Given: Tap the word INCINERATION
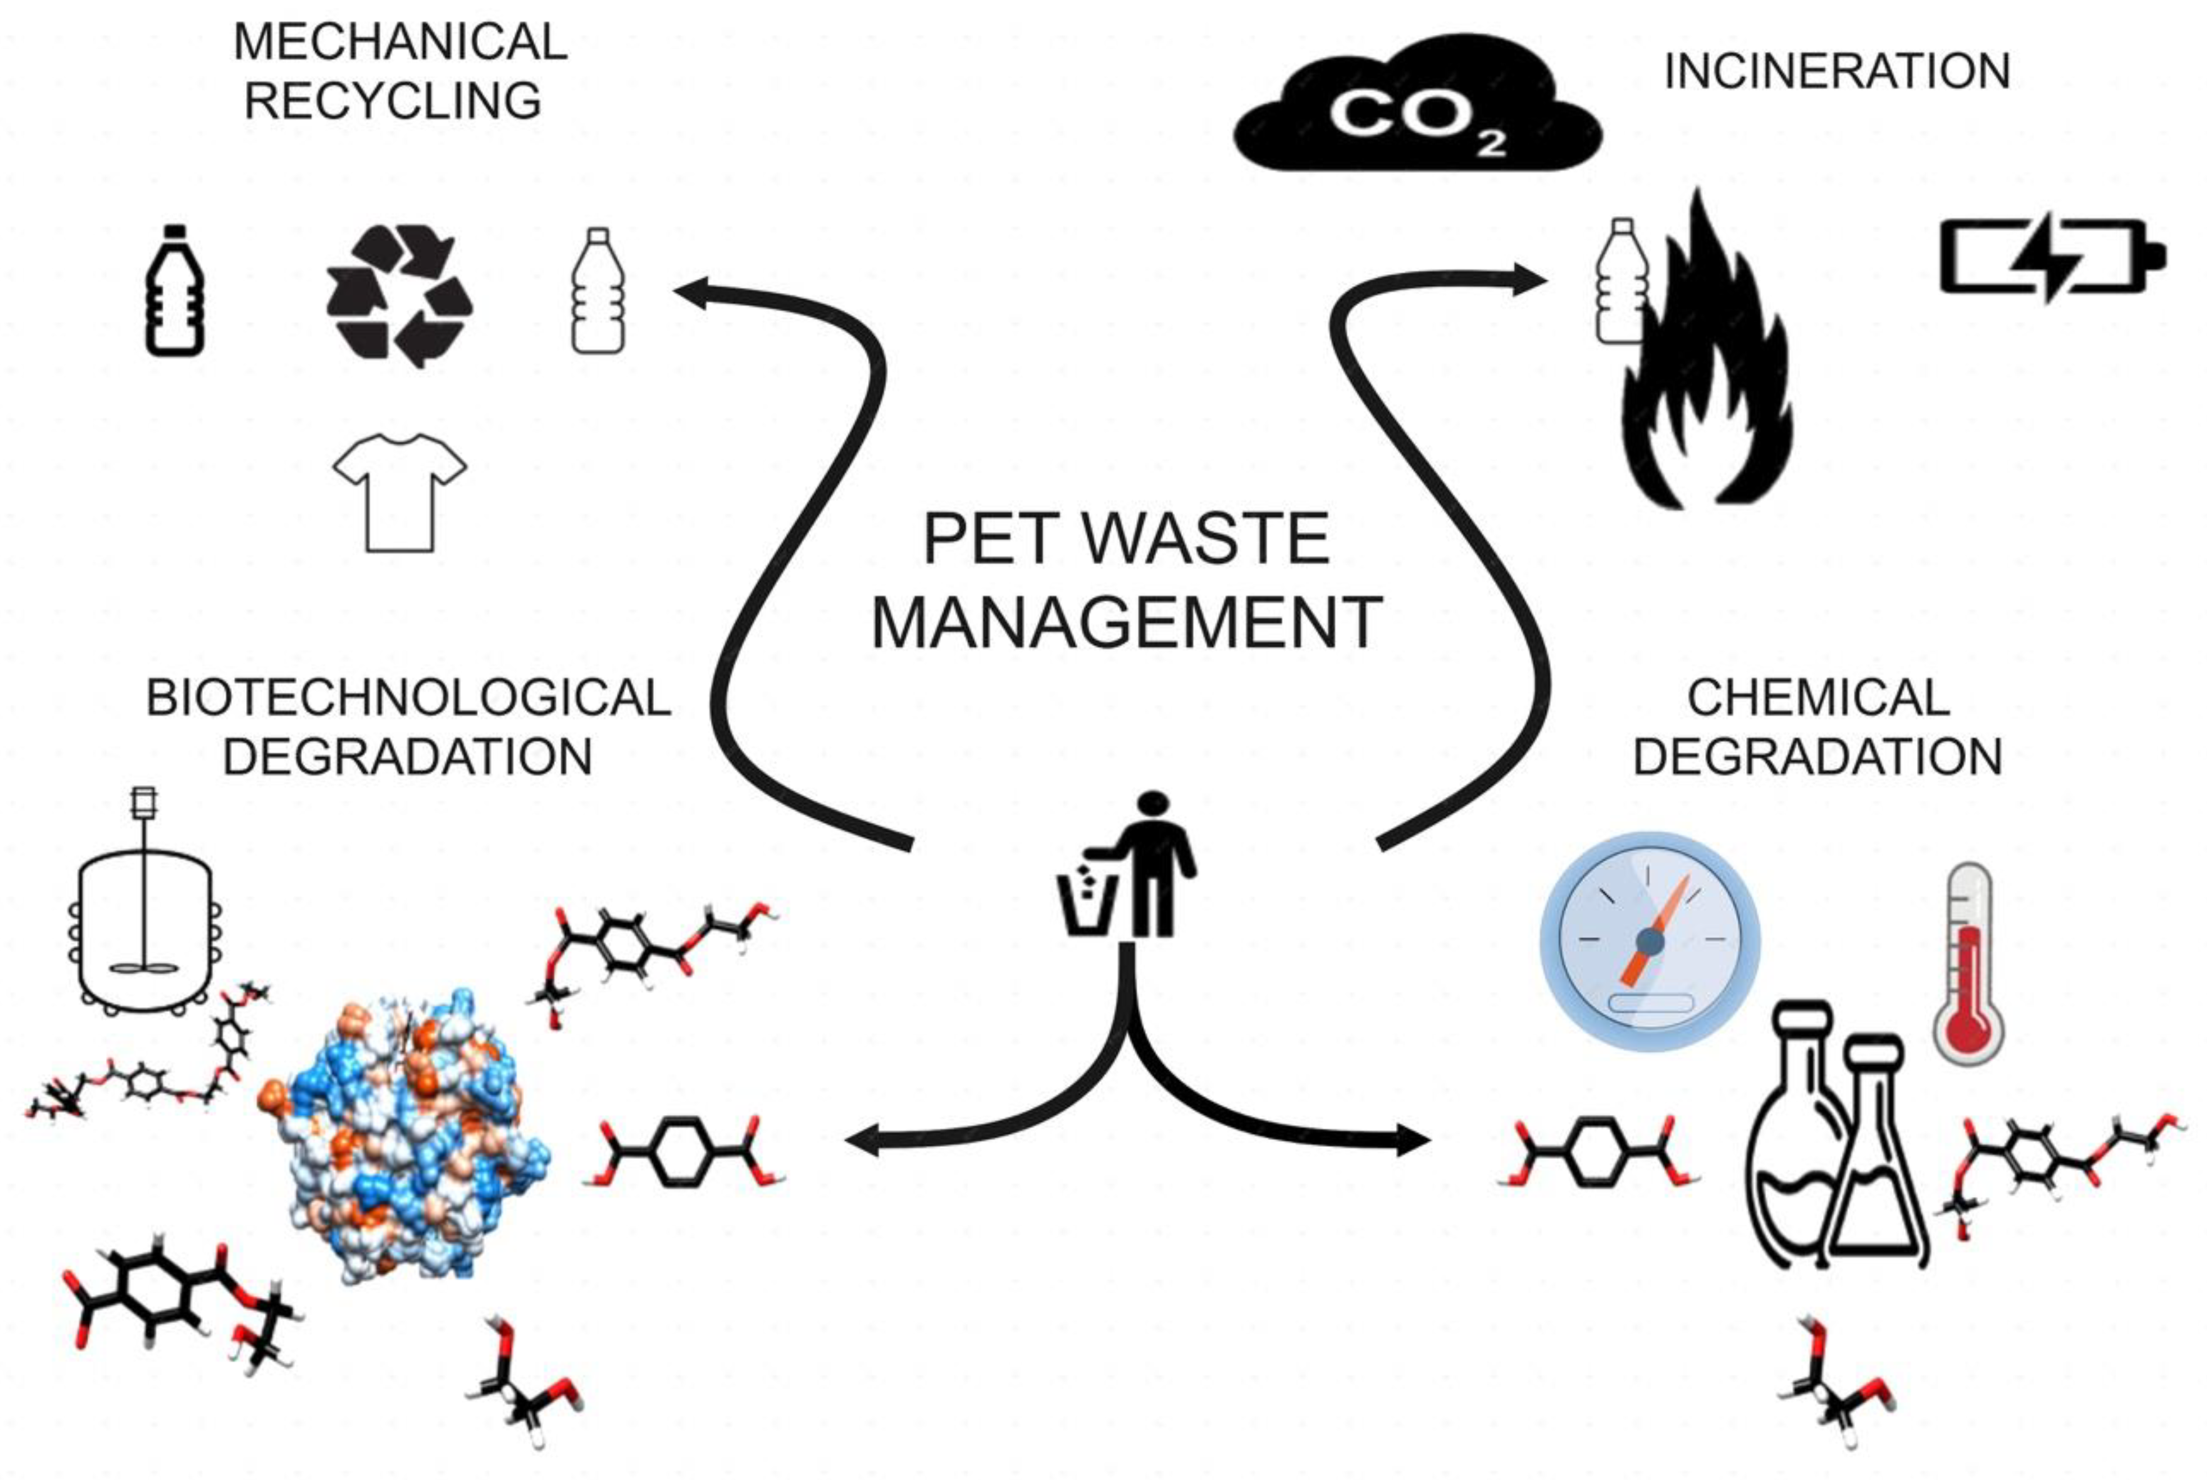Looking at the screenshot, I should pos(1836,72).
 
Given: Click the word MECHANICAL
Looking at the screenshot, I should pos(400,43).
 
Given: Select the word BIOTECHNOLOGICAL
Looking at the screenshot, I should pos(408,699).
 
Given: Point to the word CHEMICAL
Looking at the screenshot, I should pos(1817,699).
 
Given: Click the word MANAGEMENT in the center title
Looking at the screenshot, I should pos(1126,623).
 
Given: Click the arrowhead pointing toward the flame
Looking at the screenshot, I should pos(1529,279).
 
